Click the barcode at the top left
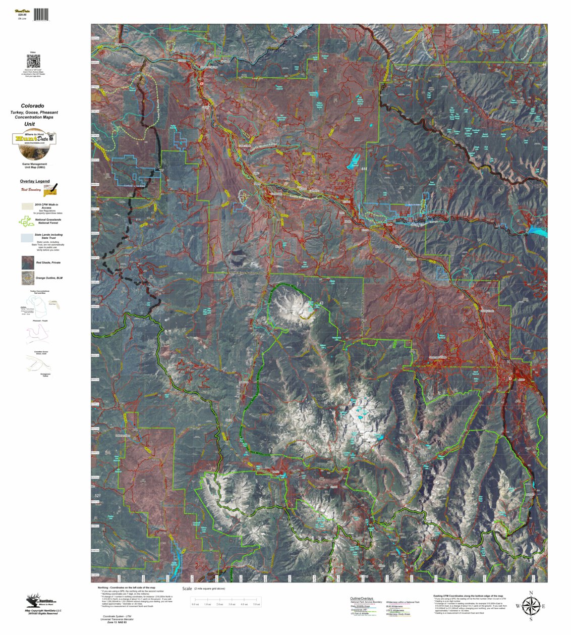41,14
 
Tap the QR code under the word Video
33,62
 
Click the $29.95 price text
22,15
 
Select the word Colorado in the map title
32,106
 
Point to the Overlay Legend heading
35,181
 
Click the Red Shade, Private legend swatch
28,262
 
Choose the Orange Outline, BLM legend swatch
28,278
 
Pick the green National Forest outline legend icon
26,221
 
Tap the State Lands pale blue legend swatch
28,238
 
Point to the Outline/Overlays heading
362,599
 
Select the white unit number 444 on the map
364,169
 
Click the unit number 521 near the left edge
98,496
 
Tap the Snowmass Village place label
437,357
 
